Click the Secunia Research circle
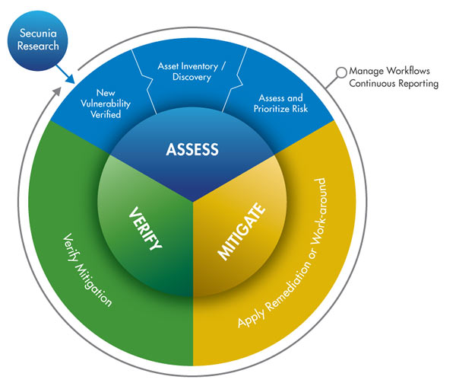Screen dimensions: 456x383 coord(37,40)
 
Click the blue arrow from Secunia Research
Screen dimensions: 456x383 coord(65,74)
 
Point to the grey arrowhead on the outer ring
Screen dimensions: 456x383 coord(58,91)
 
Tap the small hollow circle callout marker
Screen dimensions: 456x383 coord(341,72)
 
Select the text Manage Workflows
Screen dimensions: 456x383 coord(389,71)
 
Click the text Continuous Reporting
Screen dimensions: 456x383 coord(394,83)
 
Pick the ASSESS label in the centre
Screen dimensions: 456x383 coord(192,149)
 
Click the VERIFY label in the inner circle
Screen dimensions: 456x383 coord(144,228)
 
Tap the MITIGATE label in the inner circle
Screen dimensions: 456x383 coord(242,231)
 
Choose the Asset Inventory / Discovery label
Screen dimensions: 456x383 coord(192,72)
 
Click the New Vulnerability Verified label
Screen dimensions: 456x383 coord(106,104)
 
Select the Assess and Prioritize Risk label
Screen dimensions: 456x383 coord(280,103)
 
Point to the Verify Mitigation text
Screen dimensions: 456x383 coord(87,270)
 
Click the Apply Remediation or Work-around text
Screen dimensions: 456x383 coord(282,253)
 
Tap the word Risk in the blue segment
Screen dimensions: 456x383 coord(300,109)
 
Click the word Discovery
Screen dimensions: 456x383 coord(192,77)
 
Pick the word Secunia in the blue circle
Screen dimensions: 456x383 coord(38,34)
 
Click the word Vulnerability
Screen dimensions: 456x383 coord(106,104)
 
